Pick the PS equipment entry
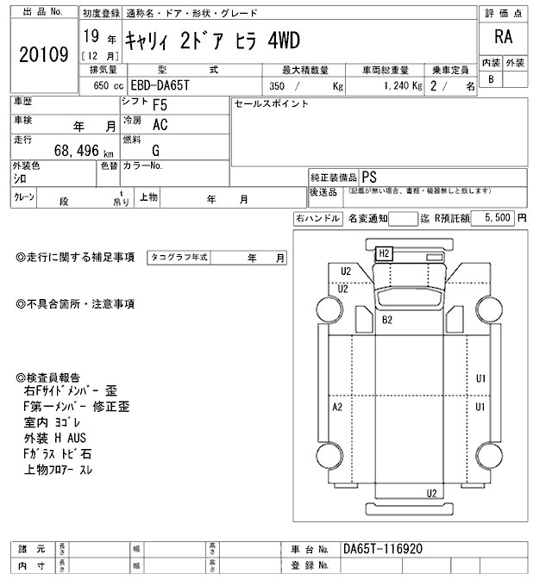[x=368, y=175]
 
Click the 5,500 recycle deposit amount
[x=499, y=220]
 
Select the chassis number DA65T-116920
[x=383, y=549]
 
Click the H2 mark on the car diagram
[x=385, y=253]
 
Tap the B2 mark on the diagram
[x=388, y=320]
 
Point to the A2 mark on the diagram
[x=337, y=405]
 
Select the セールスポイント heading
[x=271, y=103]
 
